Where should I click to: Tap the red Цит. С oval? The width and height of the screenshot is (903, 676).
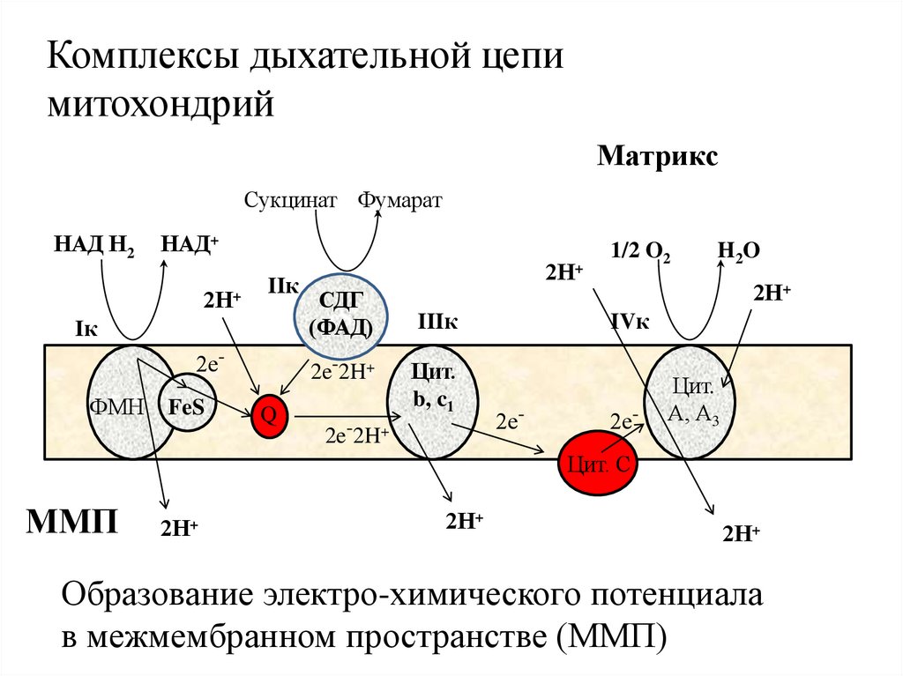coord(598,464)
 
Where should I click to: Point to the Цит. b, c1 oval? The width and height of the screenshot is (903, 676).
coord(433,402)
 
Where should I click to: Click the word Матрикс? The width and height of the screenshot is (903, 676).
coord(658,157)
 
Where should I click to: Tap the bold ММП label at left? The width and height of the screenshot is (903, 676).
coord(74,520)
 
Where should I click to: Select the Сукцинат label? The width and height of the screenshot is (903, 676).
coord(291,201)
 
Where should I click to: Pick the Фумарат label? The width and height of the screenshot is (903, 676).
coord(400,201)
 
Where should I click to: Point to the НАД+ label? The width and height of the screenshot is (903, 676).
coord(189,244)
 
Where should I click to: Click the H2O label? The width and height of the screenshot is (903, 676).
coord(738,251)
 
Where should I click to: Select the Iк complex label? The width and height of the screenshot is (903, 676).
coord(86,329)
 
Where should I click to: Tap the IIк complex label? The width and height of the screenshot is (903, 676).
coord(283,286)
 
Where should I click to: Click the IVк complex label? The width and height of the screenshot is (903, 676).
coord(630,323)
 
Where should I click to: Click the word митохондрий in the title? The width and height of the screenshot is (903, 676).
coord(162,107)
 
